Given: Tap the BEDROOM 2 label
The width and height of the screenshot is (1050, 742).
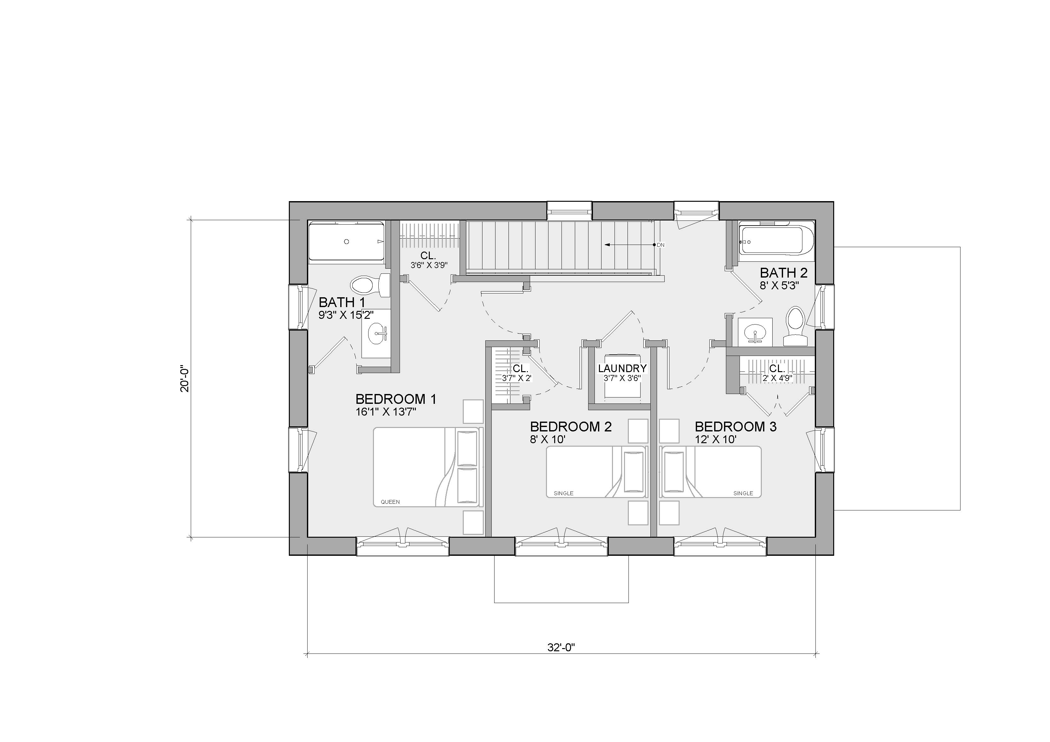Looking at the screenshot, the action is click(x=571, y=427).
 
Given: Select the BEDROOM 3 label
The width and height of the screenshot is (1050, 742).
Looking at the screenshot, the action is click(x=735, y=427).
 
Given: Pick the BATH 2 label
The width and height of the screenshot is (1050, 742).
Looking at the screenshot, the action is click(x=783, y=273).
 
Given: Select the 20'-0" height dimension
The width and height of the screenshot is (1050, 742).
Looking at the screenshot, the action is click(x=184, y=378).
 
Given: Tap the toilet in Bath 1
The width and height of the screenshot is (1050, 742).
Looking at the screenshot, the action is click(x=370, y=285).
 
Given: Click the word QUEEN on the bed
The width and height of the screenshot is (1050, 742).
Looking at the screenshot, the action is click(x=390, y=502).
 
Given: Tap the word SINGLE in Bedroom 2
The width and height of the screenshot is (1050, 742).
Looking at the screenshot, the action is click(x=563, y=493).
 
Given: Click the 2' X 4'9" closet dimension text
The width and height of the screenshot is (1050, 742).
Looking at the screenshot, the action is click(x=777, y=378).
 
